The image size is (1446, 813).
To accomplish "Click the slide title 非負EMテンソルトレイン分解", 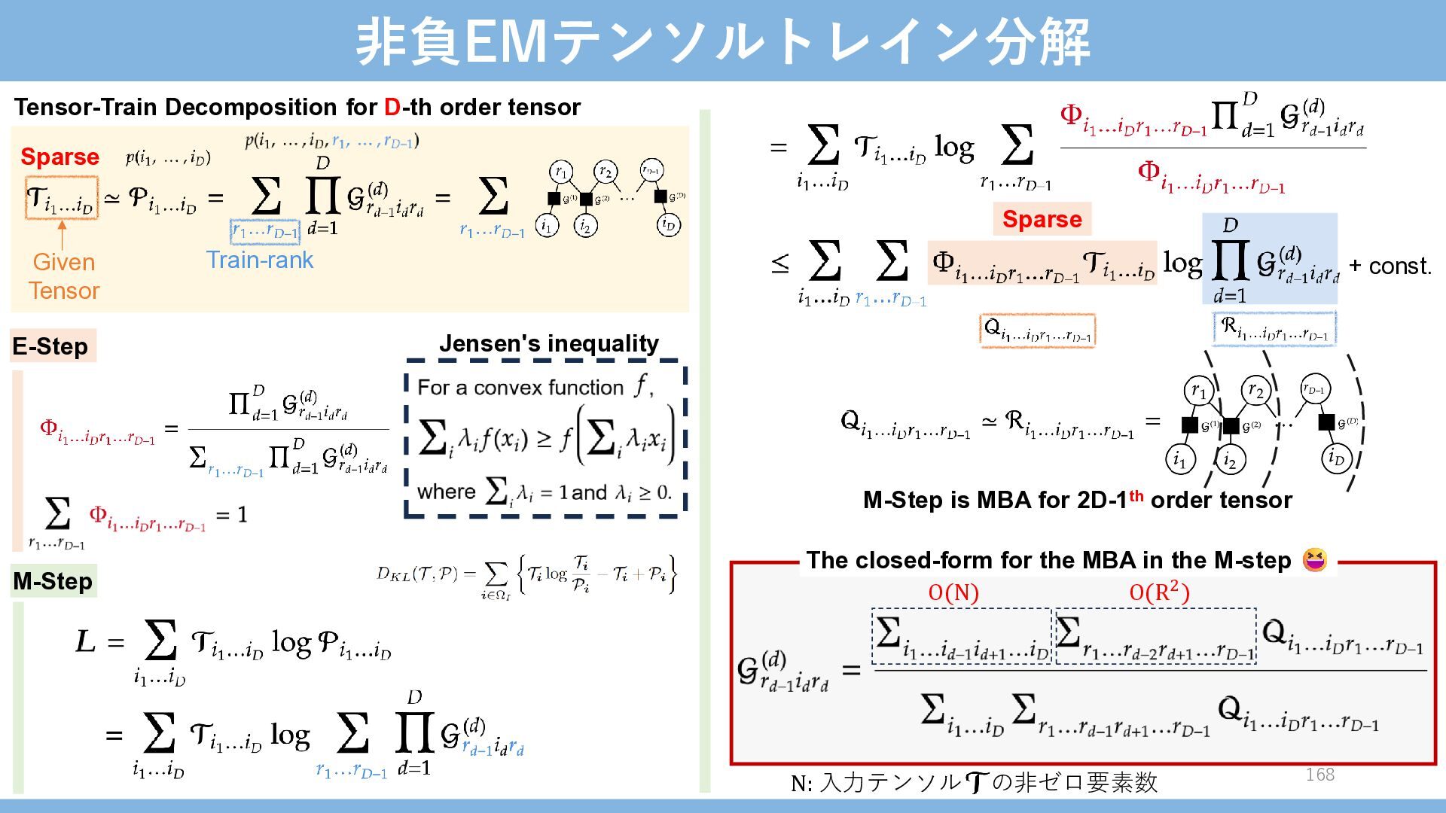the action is (722, 41).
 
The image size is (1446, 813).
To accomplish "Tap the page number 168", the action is (1319, 775).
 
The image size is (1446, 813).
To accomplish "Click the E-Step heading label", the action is (50, 346).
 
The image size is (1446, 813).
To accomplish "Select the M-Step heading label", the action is (53, 581).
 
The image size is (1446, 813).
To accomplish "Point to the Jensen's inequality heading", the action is (548, 344).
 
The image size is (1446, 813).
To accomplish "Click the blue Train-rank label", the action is (260, 260).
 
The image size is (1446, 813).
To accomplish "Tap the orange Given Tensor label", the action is (64, 276).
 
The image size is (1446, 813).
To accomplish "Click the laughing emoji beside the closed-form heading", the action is (1315, 560).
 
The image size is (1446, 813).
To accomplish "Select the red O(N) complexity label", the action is (953, 593).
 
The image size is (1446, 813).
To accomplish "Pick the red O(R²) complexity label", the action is (1159, 593).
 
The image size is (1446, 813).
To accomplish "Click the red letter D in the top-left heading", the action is (392, 108).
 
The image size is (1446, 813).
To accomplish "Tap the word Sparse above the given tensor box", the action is (59, 157).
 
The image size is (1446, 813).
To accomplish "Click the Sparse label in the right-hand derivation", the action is (1042, 219).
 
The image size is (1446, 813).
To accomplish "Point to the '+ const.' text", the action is (1390, 266).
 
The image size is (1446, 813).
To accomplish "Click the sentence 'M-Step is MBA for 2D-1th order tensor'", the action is (1077, 500).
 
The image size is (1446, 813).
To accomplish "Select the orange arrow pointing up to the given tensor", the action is (62, 234).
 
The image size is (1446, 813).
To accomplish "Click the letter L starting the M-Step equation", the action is (85, 641).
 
